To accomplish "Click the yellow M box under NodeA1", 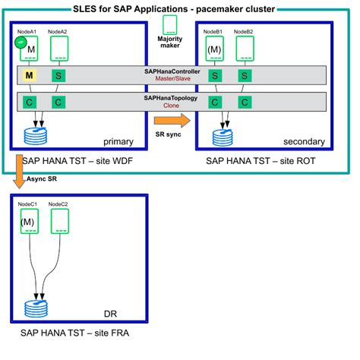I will coord(29,75).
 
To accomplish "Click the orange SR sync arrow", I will coord(171,120).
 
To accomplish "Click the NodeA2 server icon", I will coord(60,49).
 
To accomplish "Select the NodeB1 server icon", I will coord(215,49).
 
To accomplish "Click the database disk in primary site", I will coord(35,137).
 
